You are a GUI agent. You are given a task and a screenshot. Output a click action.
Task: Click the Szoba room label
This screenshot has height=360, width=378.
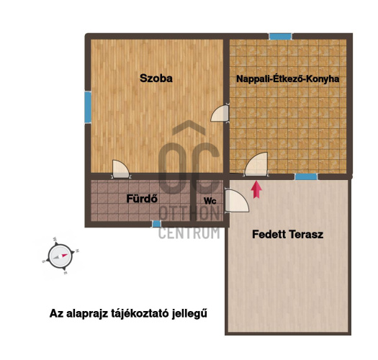click(156, 78)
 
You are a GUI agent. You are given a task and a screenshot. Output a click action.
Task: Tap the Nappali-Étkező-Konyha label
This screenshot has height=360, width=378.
click(287, 79)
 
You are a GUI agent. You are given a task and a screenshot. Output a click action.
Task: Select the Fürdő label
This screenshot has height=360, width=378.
click(142, 199)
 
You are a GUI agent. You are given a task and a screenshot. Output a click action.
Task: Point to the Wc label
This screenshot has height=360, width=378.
click(210, 201)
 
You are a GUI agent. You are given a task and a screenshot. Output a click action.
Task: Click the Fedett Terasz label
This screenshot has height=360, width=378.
click(287, 235)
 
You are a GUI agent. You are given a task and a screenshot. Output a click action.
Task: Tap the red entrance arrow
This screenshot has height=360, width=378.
click(256, 190)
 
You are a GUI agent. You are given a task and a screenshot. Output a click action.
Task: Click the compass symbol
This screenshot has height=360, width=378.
click(60, 256)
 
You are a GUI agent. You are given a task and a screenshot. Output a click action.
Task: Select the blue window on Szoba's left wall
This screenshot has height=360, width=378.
click(88, 107)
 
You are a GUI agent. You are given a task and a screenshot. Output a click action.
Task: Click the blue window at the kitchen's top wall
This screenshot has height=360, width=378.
click(280, 37)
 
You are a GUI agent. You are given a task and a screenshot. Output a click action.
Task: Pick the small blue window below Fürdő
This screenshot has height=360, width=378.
click(156, 224)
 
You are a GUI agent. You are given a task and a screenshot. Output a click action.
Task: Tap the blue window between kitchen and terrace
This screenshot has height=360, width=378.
click(306, 176)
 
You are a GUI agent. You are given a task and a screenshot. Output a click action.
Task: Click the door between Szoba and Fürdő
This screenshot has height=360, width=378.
click(120, 169)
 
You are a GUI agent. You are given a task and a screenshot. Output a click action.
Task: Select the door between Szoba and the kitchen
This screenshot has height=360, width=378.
click(220, 113)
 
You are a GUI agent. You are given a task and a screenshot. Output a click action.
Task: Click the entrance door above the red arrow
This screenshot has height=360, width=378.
click(256, 164)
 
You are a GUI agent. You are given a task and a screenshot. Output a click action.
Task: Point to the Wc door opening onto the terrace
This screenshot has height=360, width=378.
click(236, 201)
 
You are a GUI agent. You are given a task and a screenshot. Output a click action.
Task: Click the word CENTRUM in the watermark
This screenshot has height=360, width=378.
click(189, 233)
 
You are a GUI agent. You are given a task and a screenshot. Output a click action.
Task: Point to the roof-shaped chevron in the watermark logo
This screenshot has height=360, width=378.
click(189, 127)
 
